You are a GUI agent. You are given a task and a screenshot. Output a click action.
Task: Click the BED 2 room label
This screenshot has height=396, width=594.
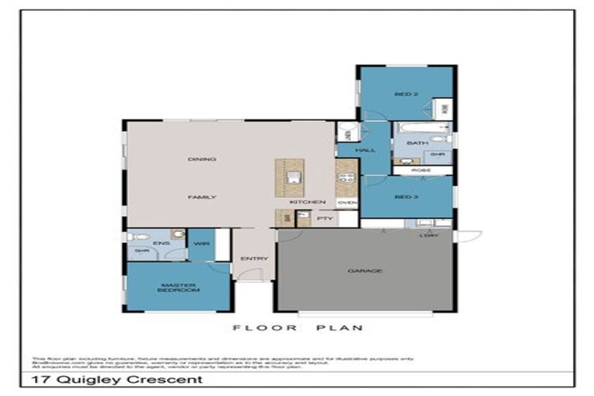pyautogui.click(x=406, y=94)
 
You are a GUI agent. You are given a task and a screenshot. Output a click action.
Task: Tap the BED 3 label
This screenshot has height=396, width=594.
pyautogui.click(x=406, y=196)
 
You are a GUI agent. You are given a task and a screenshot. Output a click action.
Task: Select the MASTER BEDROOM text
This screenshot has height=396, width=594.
pyautogui.click(x=178, y=287)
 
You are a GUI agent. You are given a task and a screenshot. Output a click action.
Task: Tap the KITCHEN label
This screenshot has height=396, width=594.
pyautogui.click(x=302, y=203)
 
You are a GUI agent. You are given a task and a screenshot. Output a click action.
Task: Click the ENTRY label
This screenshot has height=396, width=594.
pyautogui.click(x=254, y=258)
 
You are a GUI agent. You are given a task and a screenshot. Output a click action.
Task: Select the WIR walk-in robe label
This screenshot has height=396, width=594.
pyautogui.click(x=201, y=244)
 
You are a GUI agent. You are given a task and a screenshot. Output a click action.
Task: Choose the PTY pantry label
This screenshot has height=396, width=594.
pyautogui.click(x=325, y=219)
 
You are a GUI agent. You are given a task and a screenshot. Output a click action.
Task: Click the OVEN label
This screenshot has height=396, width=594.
pyautogui.click(x=346, y=203)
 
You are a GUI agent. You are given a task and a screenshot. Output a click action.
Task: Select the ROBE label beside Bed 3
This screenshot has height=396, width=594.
pyautogui.click(x=422, y=170)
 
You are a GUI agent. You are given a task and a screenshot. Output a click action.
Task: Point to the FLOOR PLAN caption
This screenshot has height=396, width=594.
pyautogui.click(x=298, y=328)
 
